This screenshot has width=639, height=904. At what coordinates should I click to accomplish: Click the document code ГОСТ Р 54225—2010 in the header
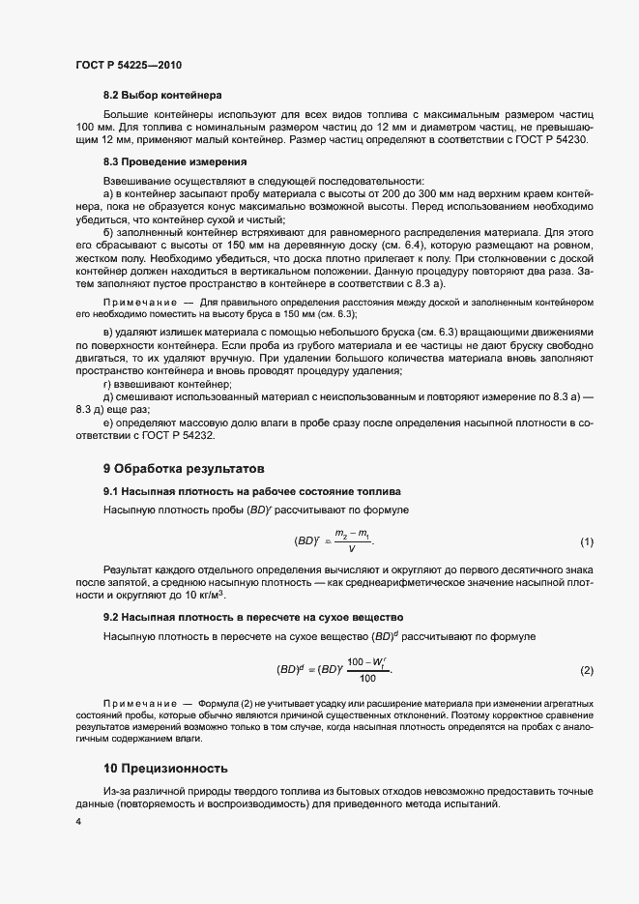point(129,65)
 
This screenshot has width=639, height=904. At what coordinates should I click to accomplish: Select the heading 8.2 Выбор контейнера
point(162,96)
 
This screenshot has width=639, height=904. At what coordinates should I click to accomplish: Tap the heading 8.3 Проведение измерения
point(174,161)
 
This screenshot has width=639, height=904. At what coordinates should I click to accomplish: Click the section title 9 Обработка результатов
point(184,469)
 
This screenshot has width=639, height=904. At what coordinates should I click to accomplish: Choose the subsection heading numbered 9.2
point(253,616)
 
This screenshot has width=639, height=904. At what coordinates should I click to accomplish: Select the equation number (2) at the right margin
point(586,671)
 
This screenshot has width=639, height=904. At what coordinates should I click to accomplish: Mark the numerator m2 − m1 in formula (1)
point(353,534)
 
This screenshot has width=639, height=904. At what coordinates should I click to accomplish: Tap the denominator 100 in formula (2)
point(365,679)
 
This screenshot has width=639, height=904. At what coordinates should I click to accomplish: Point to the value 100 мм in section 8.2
point(92,128)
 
